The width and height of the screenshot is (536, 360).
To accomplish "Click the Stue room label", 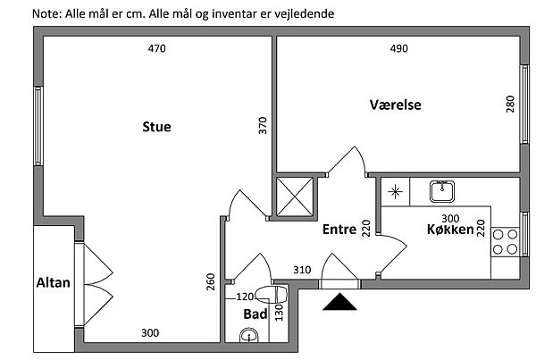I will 156,127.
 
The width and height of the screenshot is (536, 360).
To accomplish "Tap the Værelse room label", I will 396,105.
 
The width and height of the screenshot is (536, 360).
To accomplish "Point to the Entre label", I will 339,230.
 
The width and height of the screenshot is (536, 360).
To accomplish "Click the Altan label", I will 53,283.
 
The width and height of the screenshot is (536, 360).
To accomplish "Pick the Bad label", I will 255,314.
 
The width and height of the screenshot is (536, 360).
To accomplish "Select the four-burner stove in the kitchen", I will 505,242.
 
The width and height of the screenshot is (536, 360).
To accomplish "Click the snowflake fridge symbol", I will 394,191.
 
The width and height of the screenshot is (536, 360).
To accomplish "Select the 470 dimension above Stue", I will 156,50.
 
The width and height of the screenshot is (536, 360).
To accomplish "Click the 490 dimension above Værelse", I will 399,50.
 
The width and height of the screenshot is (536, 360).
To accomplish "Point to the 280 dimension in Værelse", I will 510,105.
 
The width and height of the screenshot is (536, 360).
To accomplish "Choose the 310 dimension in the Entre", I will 301,270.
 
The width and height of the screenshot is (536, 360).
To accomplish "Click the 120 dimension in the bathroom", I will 246,297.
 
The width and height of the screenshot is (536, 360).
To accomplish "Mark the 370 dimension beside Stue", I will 263,125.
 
